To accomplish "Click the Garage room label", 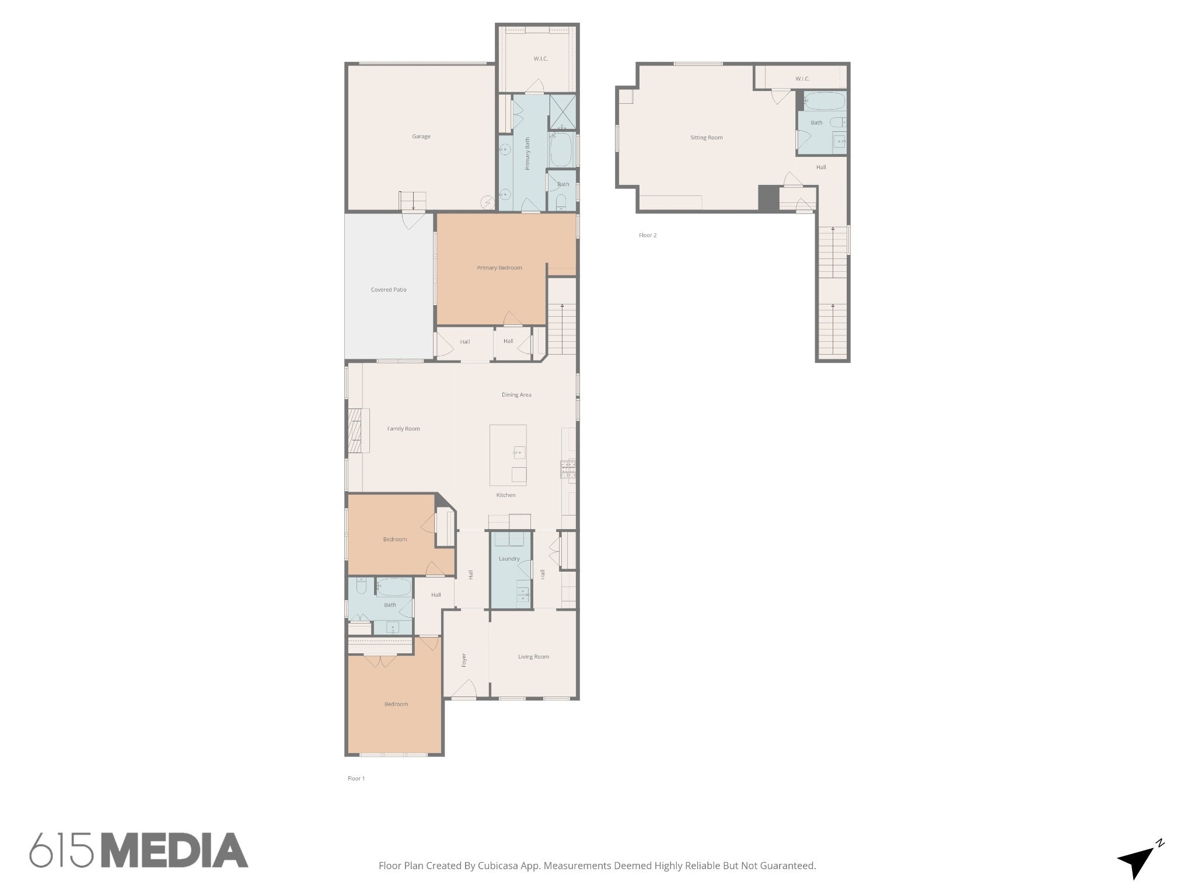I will [421, 136].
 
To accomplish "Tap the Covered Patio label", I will [389, 290].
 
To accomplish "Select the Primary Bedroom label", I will [499, 268].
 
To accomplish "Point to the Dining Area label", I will [516, 395].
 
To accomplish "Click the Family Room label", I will [404, 429].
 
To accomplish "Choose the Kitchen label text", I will [506, 495].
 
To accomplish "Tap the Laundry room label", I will [509, 559].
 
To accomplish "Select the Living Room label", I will [533, 657].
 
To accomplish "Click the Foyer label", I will [464, 660].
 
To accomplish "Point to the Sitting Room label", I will [707, 138].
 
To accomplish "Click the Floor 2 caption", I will [648, 236].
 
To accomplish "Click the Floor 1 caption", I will [356, 779].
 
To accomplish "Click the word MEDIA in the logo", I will [174, 850].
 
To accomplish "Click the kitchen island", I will [508, 455].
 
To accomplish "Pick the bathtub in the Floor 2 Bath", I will [824, 101].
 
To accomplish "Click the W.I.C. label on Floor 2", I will [802, 79].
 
